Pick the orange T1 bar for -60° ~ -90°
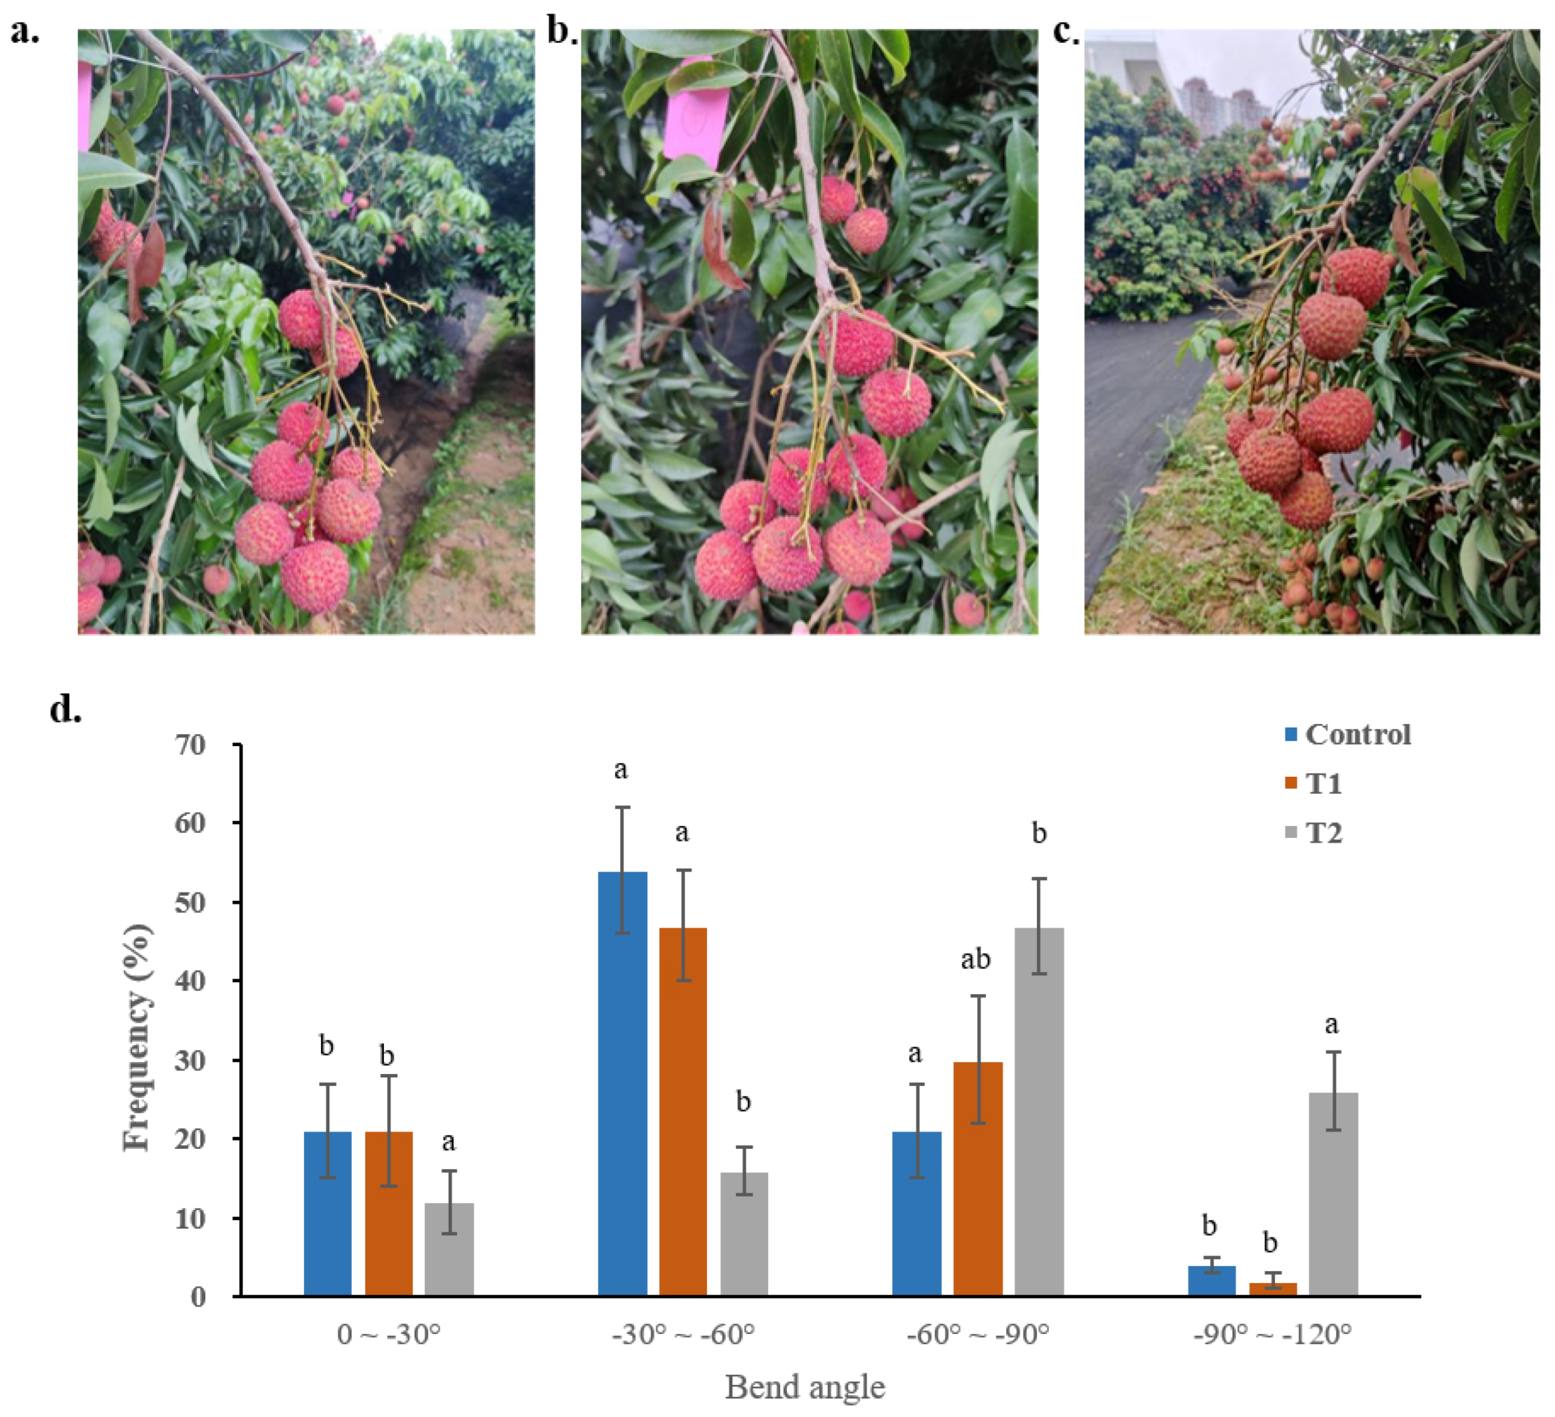coord(978,1178)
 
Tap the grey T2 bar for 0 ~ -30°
coord(449,1249)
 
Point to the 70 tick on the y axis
coord(191,745)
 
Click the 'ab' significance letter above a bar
coord(976,959)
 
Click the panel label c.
coord(1066,32)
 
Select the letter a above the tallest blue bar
coord(621,770)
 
